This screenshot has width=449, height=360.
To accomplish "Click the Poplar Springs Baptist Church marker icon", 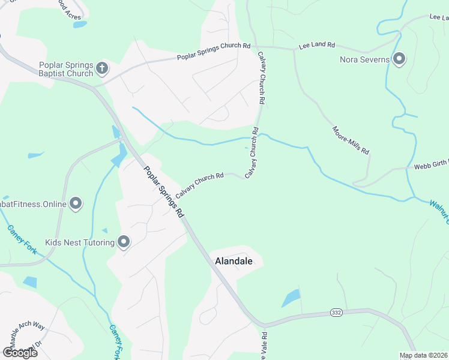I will point(102,68).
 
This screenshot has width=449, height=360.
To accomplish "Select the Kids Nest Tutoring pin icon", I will point(124,242).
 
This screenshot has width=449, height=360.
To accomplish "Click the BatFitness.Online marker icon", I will point(76,204).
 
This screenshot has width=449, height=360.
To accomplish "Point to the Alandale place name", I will point(239,262).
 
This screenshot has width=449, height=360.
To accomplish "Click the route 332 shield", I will point(337,313).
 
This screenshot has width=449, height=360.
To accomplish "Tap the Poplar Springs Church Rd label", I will point(213,52).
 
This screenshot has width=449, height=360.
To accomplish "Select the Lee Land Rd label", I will point(316,46).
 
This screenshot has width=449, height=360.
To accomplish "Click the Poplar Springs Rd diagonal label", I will point(164,191).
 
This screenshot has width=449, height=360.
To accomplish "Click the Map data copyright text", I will point(424,355).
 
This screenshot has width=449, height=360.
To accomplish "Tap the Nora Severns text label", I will point(365,59).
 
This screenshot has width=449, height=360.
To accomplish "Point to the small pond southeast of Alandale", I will point(291,298).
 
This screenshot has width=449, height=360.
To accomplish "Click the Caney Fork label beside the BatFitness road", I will point(22,239).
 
